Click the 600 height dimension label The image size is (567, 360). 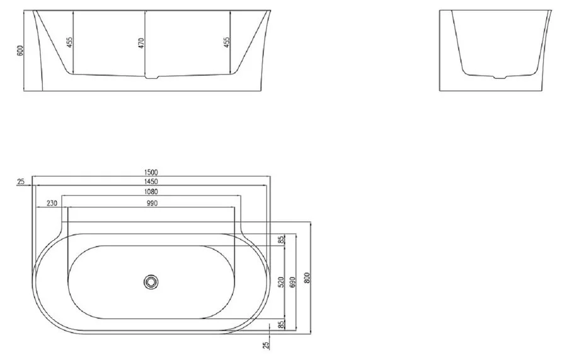(x=20, y=50)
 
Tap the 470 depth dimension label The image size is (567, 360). (x=141, y=43)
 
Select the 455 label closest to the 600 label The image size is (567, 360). (x=70, y=42)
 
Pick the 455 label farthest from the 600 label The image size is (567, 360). (x=226, y=42)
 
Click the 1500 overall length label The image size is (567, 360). (x=151, y=173)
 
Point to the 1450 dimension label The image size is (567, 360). (x=151, y=182)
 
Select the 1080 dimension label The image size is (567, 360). (x=151, y=192)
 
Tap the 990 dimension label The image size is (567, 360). (x=152, y=204)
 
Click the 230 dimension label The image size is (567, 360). (x=52, y=204)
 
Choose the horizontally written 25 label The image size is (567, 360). (x=21, y=182)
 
